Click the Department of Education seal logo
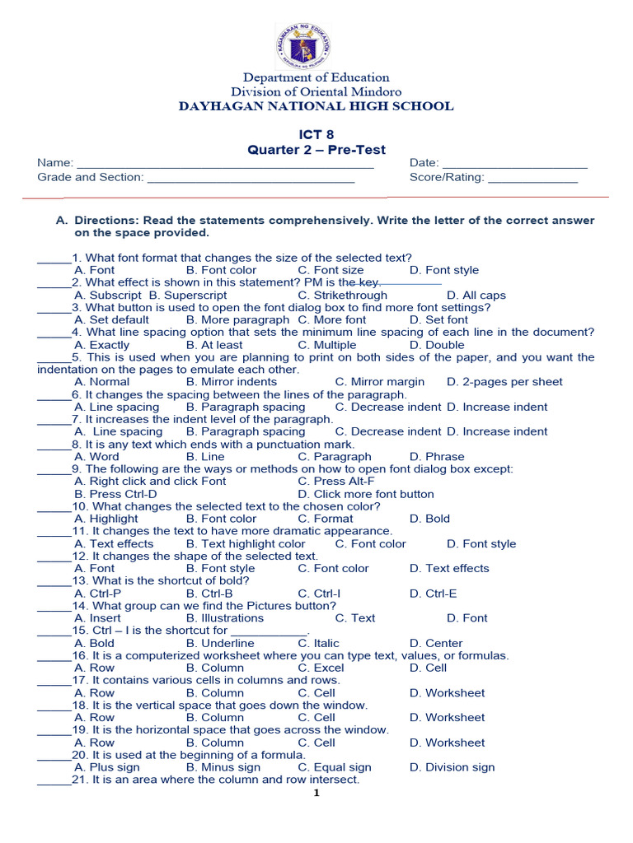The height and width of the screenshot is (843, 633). click(316, 45)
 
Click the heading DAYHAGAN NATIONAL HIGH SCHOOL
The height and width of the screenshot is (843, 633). click(316, 106)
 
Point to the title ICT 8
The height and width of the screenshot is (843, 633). click(316, 134)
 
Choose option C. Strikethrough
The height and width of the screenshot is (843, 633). click(342, 295)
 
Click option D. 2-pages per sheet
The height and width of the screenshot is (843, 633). click(504, 382)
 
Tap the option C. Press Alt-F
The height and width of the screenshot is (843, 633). click(336, 482)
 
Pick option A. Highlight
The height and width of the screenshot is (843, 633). click(106, 519)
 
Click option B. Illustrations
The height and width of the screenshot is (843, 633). click(225, 618)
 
